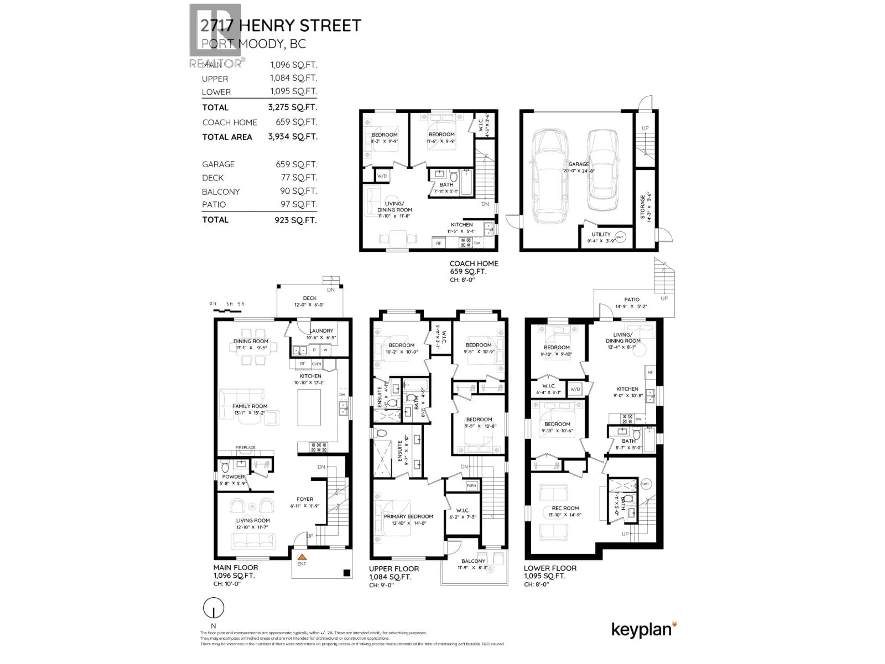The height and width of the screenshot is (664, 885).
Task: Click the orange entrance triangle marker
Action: [x=302, y=557]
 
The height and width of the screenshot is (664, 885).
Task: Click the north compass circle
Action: [x=214, y=608]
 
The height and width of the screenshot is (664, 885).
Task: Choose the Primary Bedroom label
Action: [x=408, y=516]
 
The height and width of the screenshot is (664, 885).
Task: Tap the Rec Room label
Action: [x=565, y=508]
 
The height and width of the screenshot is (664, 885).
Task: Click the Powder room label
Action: [x=233, y=477]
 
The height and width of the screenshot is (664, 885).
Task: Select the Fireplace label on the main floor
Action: [x=245, y=448]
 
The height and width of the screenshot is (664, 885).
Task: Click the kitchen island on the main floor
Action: [x=309, y=407]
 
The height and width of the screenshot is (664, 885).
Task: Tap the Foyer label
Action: [x=305, y=499]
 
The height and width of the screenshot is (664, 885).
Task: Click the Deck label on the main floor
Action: [x=310, y=298]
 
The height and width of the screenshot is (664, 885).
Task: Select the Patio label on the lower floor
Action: [x=632, y=299]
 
